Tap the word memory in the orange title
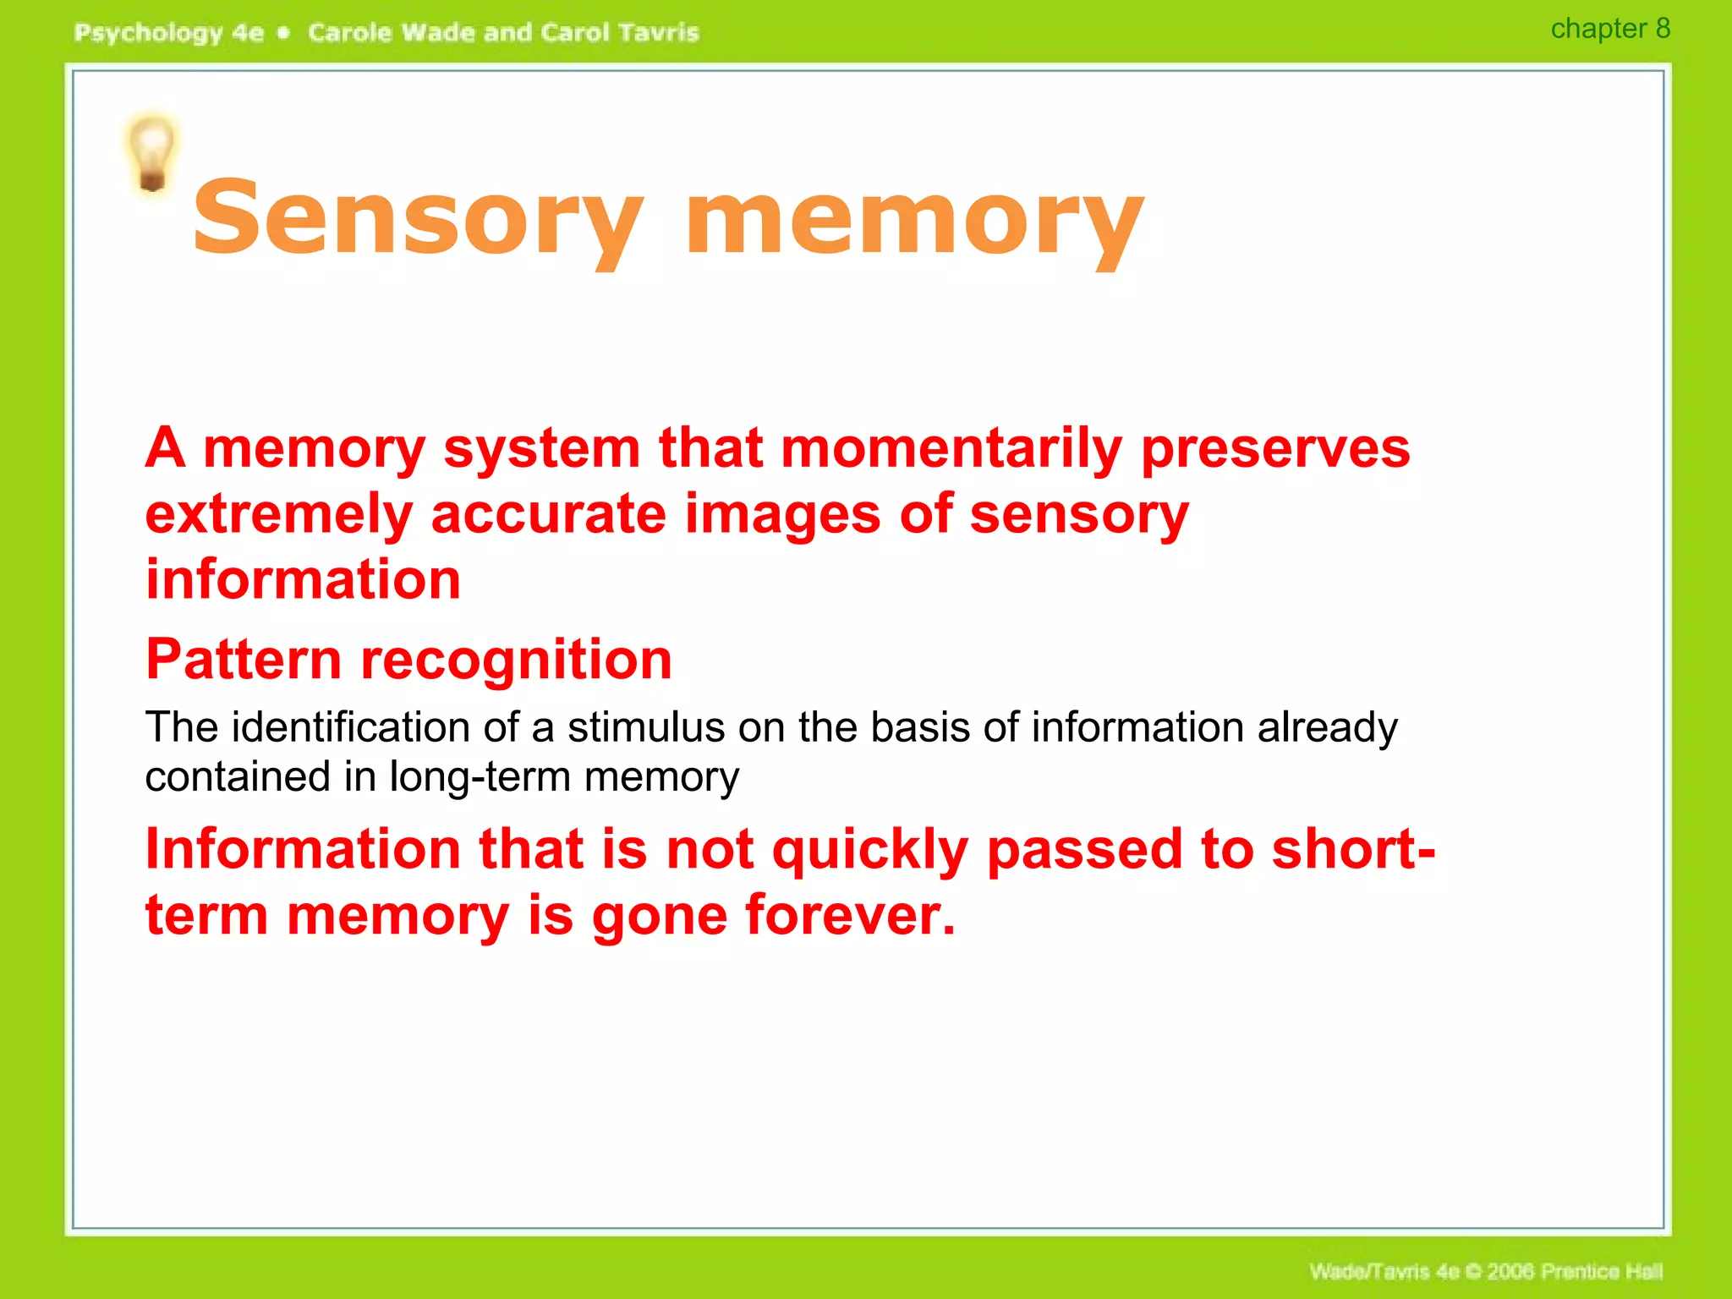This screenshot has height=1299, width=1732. coord(914,218)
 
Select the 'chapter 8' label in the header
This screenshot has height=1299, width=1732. coord(1609,29)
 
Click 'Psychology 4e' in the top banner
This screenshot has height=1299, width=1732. coord(169,33)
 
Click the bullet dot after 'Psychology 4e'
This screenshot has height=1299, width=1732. coord(284,33)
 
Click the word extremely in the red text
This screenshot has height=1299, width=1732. coord(278,514)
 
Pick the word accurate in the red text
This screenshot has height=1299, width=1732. coord(549,514)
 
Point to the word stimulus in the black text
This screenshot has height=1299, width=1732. coord(646,727)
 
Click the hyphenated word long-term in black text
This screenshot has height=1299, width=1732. coord(479,776)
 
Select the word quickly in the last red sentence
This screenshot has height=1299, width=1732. coord(870,849)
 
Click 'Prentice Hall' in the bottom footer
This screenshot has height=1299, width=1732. coord(1602,1271)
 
